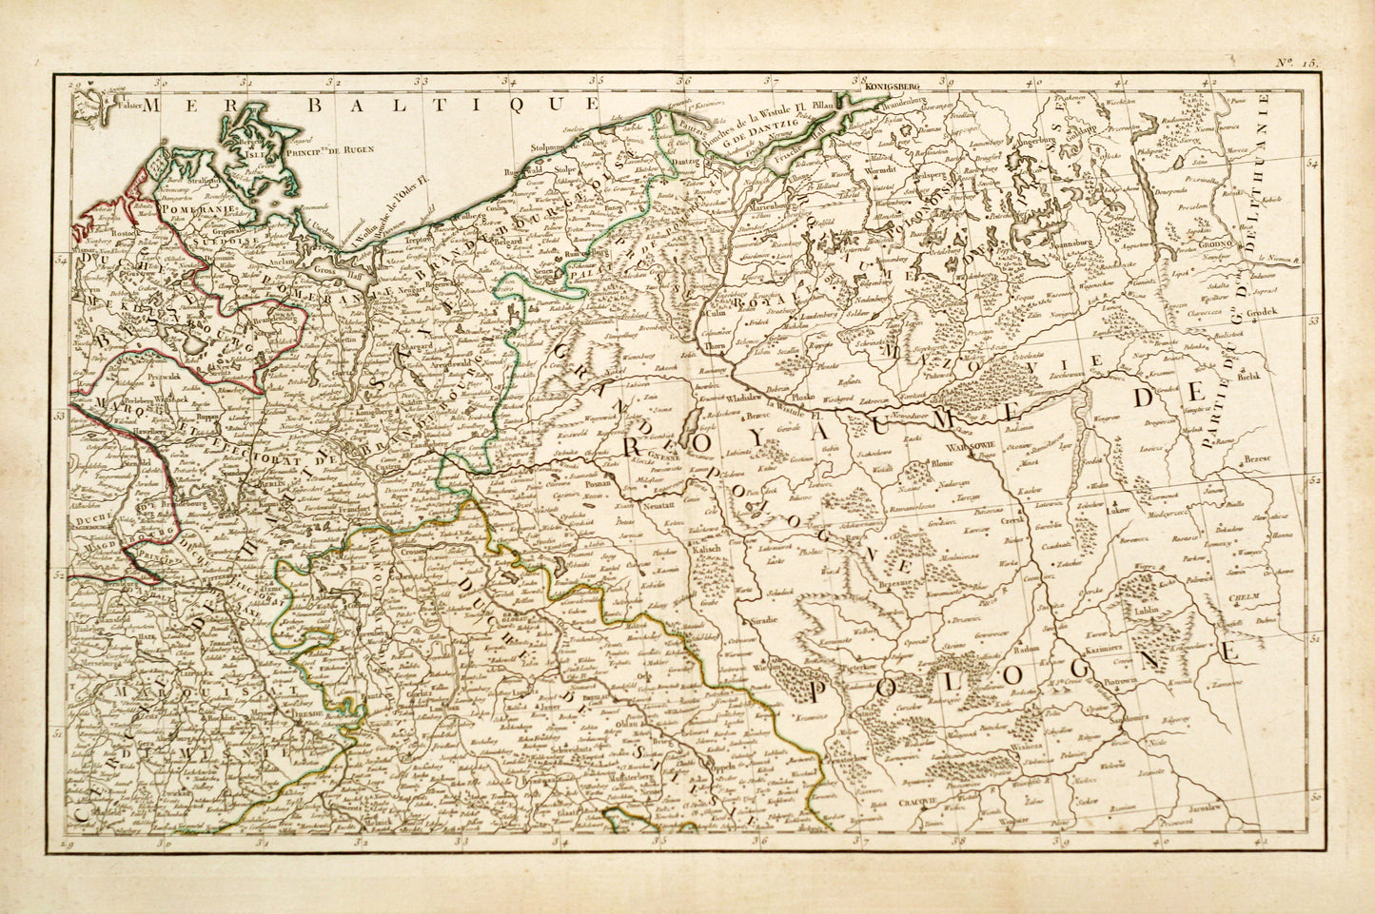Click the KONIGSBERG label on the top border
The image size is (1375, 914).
(x=894, y=86)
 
